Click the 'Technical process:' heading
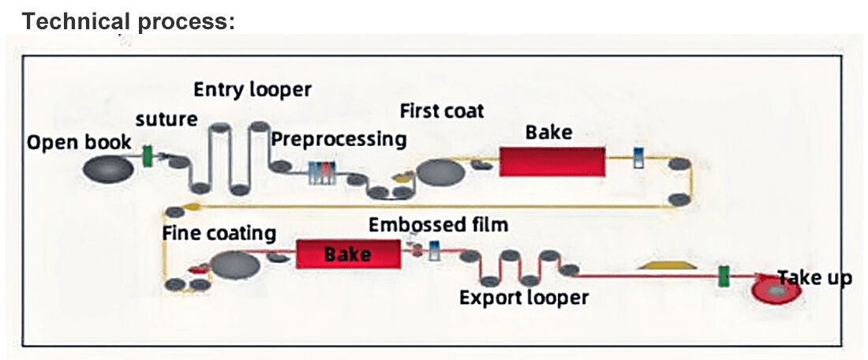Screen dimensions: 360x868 (x=128, y=21)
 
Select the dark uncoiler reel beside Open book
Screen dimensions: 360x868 (x=107, y=167)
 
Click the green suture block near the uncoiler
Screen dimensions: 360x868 (x=148, y=156)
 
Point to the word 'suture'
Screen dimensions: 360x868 (x=166, y=120)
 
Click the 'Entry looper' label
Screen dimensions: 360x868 (x=253, y=89)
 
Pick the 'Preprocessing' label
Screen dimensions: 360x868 (x=339, y=139)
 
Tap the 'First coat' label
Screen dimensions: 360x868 (x=442, y=110)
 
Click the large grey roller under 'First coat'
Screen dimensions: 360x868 (x=441, y=171)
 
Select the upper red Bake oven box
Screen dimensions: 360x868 (x=552, y=161)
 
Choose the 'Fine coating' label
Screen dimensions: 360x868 (x=219, y=233)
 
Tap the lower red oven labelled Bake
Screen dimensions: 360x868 (x=346, y=254)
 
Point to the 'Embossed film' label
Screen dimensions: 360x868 (x=438, y=225)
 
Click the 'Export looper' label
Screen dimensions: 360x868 (x=524, y=298)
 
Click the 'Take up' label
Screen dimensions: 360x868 (x=815, y=277)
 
